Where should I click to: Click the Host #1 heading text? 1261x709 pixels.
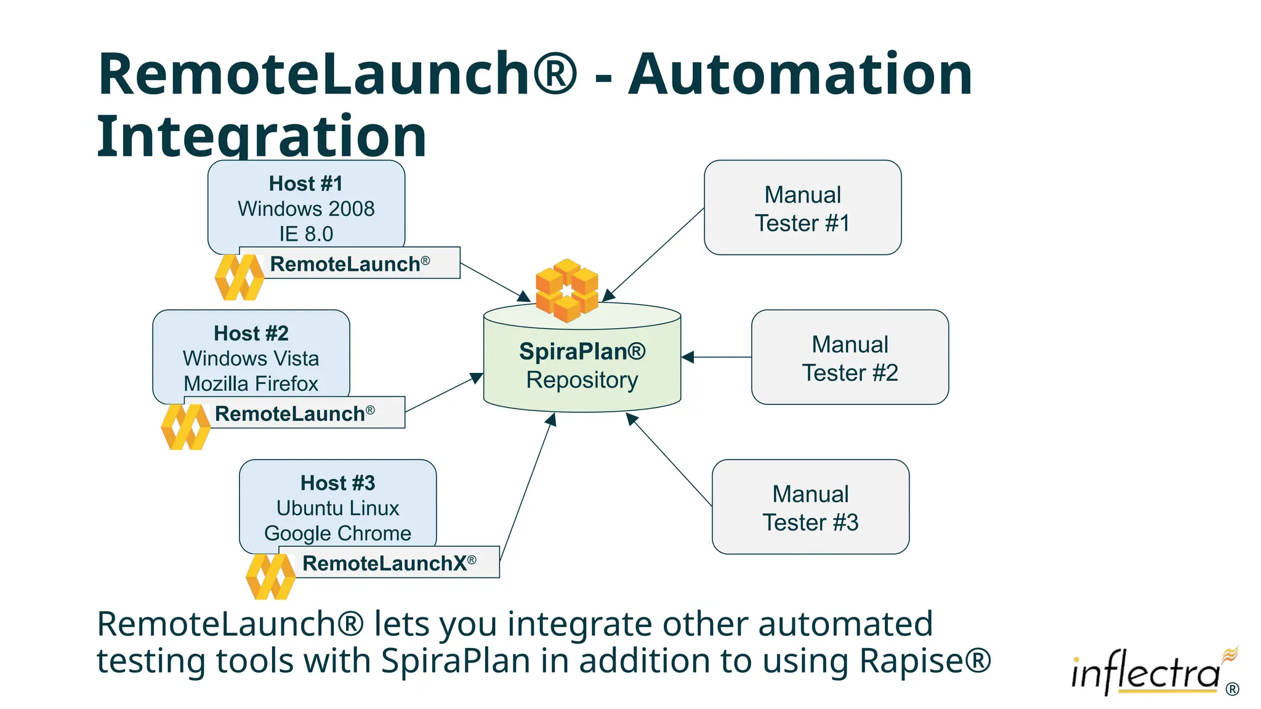(x=305, y=183)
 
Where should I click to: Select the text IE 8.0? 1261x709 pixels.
(x=305, y=234)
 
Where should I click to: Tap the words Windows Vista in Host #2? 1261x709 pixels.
(x=251, y=358)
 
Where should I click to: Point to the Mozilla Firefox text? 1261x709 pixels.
(x=251, y=383)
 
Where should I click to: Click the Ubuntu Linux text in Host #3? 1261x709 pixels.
(x=337, y=508)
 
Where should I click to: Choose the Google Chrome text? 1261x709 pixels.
(x=337, y=533)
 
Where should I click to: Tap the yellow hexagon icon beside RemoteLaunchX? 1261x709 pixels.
(x=270, y=576)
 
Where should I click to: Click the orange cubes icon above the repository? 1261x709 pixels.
(x=566, y=290)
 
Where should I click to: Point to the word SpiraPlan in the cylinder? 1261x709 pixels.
(x=573, y=351)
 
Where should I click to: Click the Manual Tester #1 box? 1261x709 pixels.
(x=802, y=208)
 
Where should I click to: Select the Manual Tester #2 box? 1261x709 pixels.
(x=850, y=358)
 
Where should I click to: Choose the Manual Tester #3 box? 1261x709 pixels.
(x=810, y=507)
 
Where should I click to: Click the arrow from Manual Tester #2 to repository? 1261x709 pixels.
(x=717, y=357)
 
